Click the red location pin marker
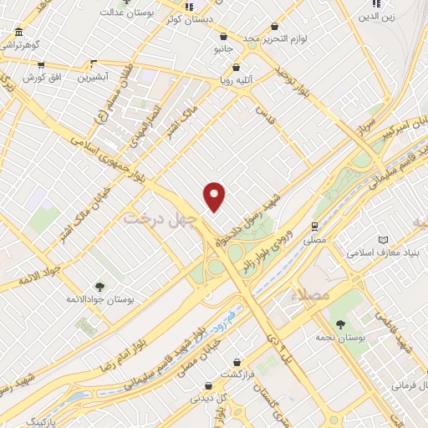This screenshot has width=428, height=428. pyautogui.click(x=216, y=196)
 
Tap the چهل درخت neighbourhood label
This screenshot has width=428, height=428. pyautogui.click(x=160, y=218)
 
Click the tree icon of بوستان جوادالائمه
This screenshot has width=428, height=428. pyautogui.click(x=99, y=286)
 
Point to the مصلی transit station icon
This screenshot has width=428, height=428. pyautogui.click(x=314, y=226)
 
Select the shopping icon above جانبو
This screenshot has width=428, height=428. pyautogui.click(x=223, y=37)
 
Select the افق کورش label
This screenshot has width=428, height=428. pyautogui.click(x=38, y=77)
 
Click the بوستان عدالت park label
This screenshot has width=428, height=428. pyautogui.click(x=125, y=13)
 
